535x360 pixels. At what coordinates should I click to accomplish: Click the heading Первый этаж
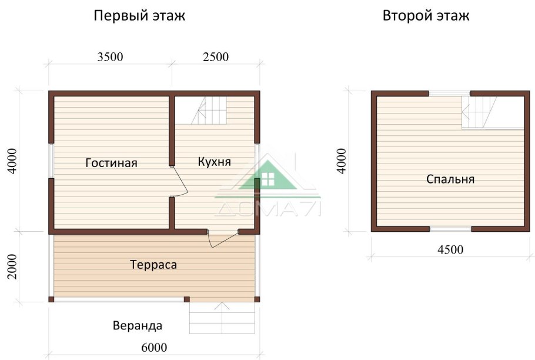(139, 16)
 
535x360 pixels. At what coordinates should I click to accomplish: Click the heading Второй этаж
(426, 16)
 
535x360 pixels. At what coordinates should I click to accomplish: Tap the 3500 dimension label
(110, 57)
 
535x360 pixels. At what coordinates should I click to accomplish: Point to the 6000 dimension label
(154, 346)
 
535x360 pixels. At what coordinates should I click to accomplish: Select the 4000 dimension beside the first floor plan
(14, 160)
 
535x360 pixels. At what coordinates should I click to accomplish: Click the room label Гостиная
(111, 163)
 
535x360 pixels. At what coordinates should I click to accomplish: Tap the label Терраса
(153, 265)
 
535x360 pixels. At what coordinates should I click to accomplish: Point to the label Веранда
(137, 325)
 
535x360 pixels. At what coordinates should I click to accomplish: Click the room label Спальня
(450, 179)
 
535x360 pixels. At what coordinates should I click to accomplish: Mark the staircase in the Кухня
(210, 111)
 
